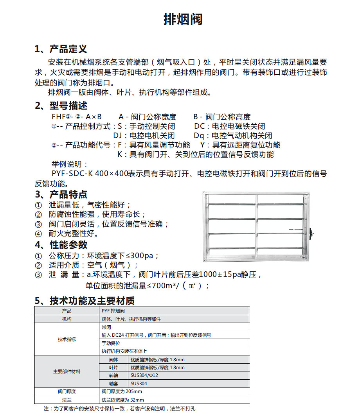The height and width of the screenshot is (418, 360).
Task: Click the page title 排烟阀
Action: tap(183, 19)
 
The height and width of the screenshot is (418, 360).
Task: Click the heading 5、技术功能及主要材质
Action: tap(85, 301)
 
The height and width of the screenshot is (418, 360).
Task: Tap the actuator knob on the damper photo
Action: tap(312, 233)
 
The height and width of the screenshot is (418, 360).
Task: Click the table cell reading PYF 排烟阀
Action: tap(113, 311)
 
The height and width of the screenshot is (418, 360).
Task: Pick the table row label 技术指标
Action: tap(67, 339)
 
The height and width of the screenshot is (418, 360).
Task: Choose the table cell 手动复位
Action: tap(110, 343)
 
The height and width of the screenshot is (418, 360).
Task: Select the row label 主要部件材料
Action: tap(67, 371)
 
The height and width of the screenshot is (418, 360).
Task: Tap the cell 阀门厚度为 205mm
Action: tap(122, 391)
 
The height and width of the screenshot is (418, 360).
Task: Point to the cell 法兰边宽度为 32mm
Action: tap(123, 400)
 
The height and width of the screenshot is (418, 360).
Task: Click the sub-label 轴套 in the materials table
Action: tap(113, 384)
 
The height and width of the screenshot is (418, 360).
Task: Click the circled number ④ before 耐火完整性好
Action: tap(38, 234)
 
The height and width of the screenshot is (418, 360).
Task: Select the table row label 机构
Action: tap(67, 319)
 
